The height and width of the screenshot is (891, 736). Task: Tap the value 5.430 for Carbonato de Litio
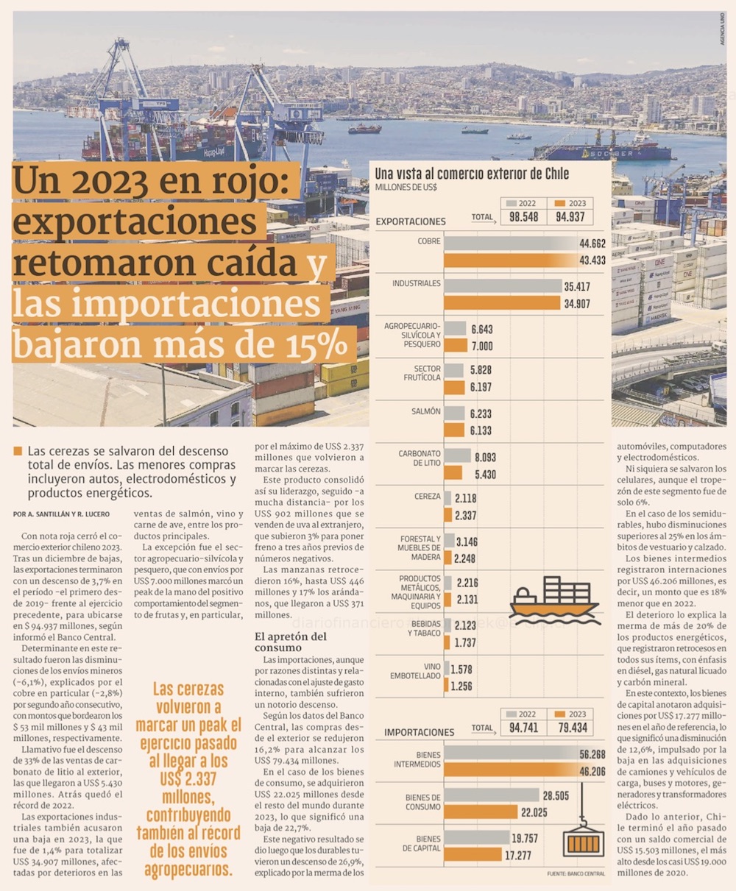tap(485, 475)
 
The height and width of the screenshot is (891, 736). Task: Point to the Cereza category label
tap(427, 497)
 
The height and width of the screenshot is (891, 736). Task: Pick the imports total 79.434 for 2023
tap(572, 728)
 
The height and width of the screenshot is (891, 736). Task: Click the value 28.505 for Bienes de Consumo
tap(556, 795)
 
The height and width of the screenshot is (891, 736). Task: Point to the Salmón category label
tap(426, 412)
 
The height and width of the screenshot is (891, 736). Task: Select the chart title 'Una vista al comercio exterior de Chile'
tap(472, 174)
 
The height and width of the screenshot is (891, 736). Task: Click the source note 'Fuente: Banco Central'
tap(576, 873)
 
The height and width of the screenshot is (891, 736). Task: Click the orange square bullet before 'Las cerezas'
tap(18, 451)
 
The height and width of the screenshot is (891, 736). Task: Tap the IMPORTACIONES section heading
tap(419, 732)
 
